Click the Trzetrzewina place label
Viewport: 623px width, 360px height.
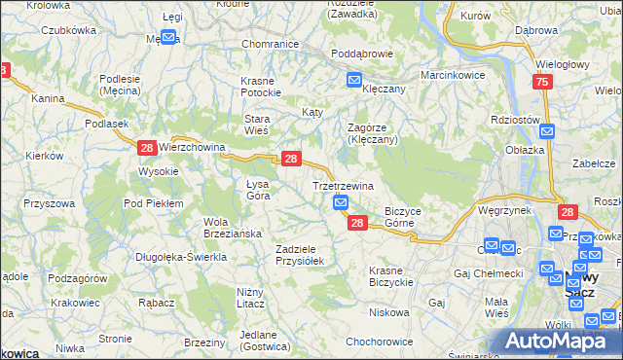pos(343,185)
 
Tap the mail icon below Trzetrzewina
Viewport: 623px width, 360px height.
pos(341,202)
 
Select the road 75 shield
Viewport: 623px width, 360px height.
pos(542,85)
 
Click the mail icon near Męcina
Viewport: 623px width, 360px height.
pos(167,38)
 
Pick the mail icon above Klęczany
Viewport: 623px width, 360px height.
pos(353,80)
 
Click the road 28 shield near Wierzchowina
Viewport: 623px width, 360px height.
pos(146,148)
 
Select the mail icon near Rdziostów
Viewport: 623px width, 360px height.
pos(547,131)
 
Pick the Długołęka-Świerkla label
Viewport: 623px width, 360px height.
pos(182,257)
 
